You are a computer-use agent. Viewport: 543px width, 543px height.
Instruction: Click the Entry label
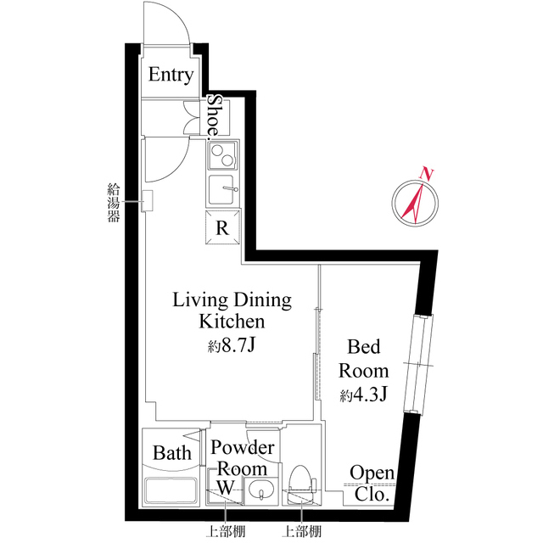click(x=171, y=76)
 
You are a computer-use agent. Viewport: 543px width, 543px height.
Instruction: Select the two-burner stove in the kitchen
click(x=223, y=156)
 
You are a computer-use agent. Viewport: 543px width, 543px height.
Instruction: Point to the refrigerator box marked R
click(x=222, y=227)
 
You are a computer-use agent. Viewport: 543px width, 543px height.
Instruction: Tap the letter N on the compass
click(x=428, y=174)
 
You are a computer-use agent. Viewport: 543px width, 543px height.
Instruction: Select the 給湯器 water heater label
click(x=113, y=201)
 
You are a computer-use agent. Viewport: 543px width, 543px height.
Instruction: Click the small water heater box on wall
click(x=147, y=201)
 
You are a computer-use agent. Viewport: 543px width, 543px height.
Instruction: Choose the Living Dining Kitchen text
click(x=232, y=311)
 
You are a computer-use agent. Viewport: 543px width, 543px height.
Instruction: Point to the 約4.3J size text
click(x=364, y=395)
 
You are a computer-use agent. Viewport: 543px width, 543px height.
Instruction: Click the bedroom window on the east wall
click(x=418, y=364)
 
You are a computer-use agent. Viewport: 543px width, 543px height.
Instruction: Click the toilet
click(x=301, y=484)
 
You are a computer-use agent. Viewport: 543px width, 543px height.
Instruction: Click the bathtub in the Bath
click(x=171, y=491)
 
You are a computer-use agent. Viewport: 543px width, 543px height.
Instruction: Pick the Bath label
click(x=171, y=453)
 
